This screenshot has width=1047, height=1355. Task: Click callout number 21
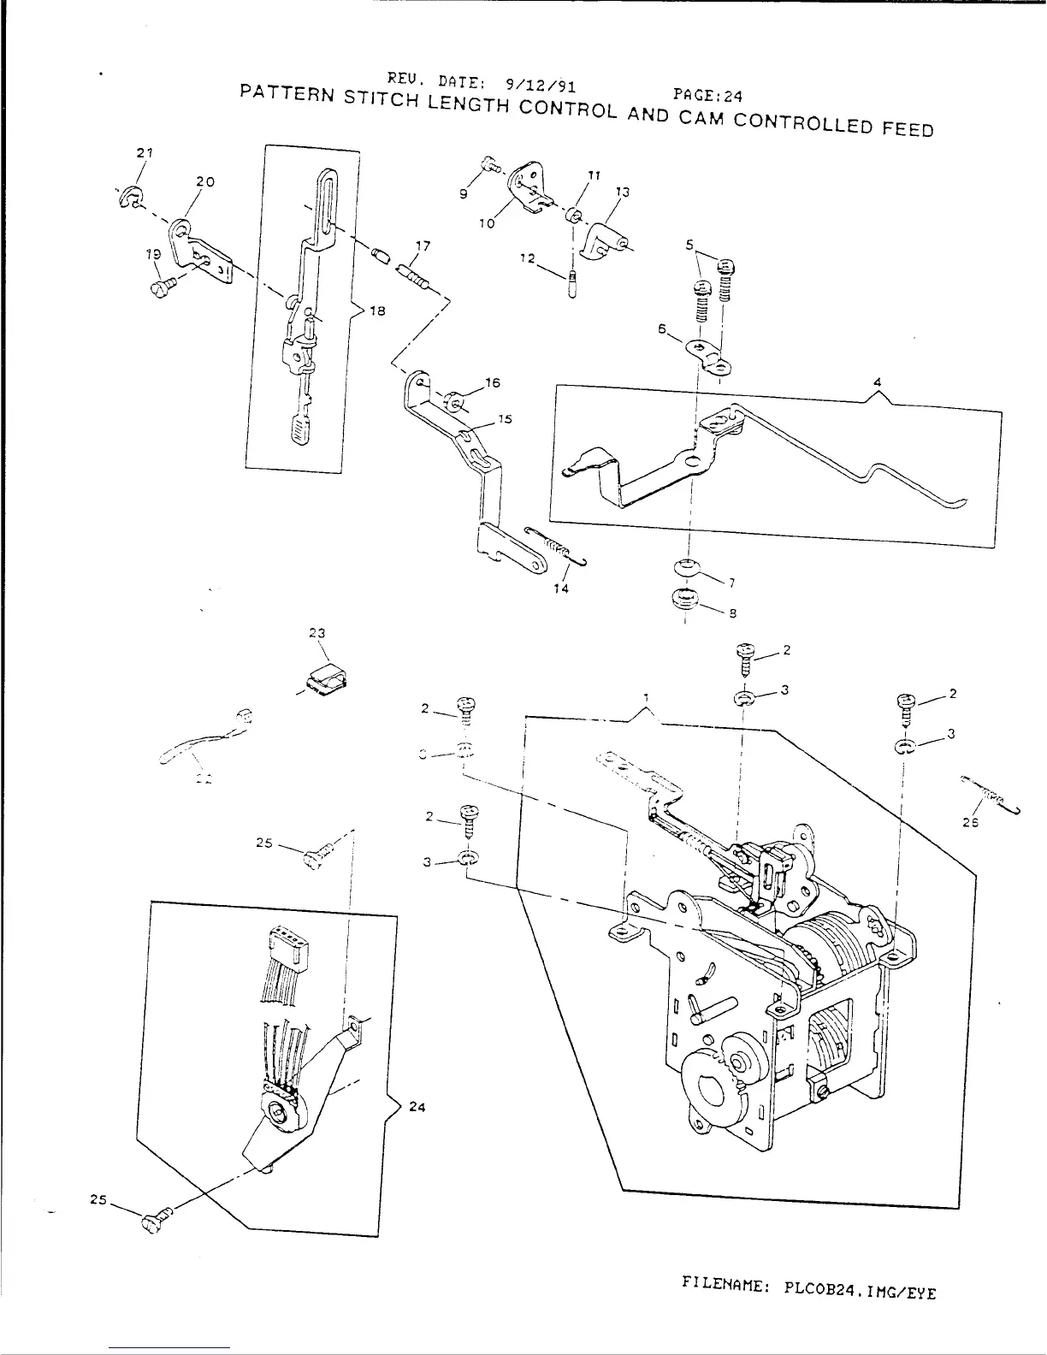143,152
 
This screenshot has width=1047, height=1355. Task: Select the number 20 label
204,182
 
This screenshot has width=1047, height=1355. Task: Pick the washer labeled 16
455,399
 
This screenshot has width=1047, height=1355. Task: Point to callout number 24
417,1106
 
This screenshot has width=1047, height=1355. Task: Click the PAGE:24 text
706,97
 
